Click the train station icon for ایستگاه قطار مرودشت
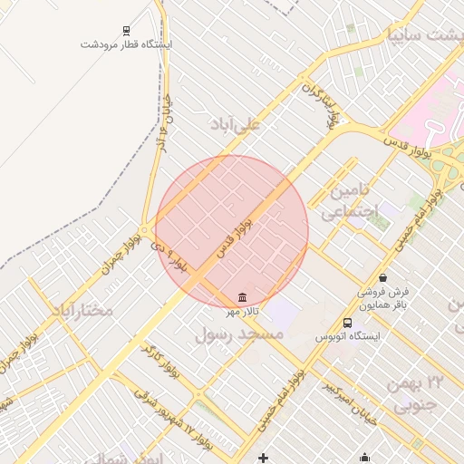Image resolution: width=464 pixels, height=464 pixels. pyautogui.click(x=122, y=30)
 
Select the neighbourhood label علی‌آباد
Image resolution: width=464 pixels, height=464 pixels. pyautogui.click(x=235, y=123)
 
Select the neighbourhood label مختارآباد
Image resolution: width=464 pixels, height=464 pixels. pyautogui.click(x=82, y=311)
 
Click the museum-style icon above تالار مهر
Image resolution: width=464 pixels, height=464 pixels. pyautogui.click(x=242, y=297)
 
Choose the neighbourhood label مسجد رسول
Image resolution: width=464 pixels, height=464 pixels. pyautogui.click(x=239, y=334)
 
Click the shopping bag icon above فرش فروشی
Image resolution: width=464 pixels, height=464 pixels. pyautogui.click(x=382, y=277)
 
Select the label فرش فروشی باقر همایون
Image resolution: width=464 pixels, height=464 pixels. pyautogui.click(x=382, y=298)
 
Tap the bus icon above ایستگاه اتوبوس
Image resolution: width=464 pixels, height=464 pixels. pyautogui.click(x=348, y=323)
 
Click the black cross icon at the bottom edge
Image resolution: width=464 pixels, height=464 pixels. pyautogui.click(x=264, y=458)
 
